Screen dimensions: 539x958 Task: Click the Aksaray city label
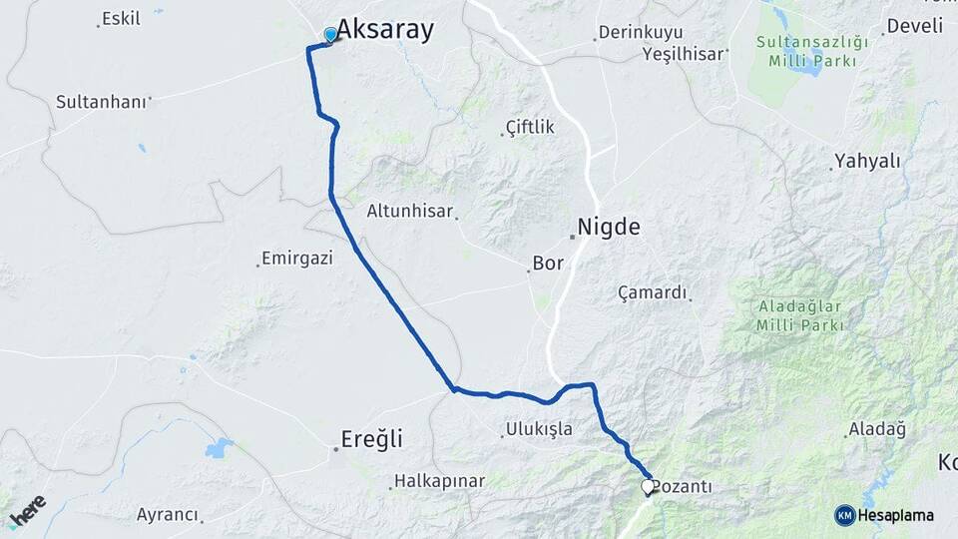[x=385, y=30]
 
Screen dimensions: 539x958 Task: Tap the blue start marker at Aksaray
[x=331, y=35]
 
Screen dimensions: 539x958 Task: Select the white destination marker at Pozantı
[x=648, y=487]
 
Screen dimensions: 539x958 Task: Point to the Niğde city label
[x=610, y=228]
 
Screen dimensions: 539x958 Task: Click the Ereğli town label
[x=372, y=439]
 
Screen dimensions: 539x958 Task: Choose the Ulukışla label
[x=540, y=429]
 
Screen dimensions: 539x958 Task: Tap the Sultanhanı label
[x=101, y=101]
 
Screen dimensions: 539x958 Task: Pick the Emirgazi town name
[x=296, y=258]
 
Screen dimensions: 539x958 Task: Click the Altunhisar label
[x=409, y=211]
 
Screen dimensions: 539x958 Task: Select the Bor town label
[x=549, y=265]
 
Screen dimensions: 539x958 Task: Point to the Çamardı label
[x=653, y=292]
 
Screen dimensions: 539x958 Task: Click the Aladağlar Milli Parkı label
[x=800, y=315]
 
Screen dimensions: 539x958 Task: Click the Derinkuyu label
[x=640, y=33]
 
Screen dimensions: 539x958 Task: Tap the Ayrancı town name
[x=168, y=515]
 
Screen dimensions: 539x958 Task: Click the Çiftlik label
[x=530, y=127]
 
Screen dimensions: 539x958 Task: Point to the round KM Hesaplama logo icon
[x=845, y=515]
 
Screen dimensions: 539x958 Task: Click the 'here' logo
[x=27, y=511]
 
